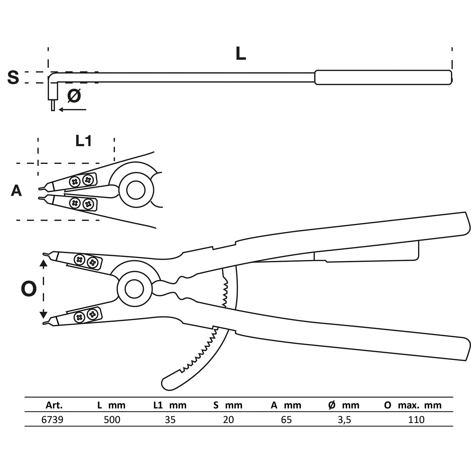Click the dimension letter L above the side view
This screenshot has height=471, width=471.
[241, 54]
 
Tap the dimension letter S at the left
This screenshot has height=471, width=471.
[13, 77]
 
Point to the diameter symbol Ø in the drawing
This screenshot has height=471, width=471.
[74, 96]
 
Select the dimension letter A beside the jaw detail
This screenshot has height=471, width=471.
[16, 191]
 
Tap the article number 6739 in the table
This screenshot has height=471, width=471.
[52, 419]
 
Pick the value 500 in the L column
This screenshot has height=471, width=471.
[112, 419]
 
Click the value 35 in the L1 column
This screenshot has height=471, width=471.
[170, 419]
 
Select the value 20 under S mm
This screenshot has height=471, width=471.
[228, 419]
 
